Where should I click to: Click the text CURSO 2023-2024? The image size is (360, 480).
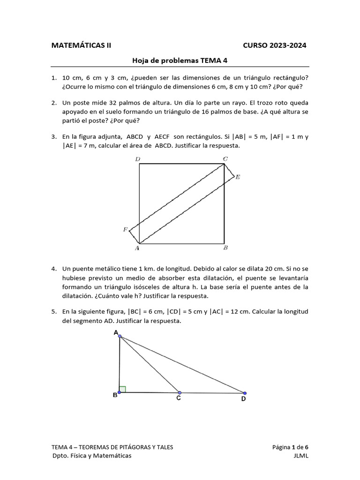coord(275,45)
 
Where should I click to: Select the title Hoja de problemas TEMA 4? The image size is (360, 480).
coord(180,60)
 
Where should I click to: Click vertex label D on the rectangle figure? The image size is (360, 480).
coord(137,159)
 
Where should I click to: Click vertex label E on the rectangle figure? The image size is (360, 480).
coord(238,177)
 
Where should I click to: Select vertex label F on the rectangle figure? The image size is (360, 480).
coord(125,230)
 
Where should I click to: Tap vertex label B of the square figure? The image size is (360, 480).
coord(225,248)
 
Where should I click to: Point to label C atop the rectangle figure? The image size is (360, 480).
coord(225,159)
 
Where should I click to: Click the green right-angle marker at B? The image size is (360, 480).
coord(122,389)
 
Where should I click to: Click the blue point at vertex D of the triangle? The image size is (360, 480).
coord(245,393)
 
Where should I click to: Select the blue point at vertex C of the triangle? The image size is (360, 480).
coord(180,393)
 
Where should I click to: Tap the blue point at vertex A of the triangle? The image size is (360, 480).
coord(120,336)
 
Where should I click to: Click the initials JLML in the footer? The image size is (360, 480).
coord(300,456)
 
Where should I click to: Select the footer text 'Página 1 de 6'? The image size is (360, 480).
coord(290,447)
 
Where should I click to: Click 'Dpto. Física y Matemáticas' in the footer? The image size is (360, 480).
coord(92,456)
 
